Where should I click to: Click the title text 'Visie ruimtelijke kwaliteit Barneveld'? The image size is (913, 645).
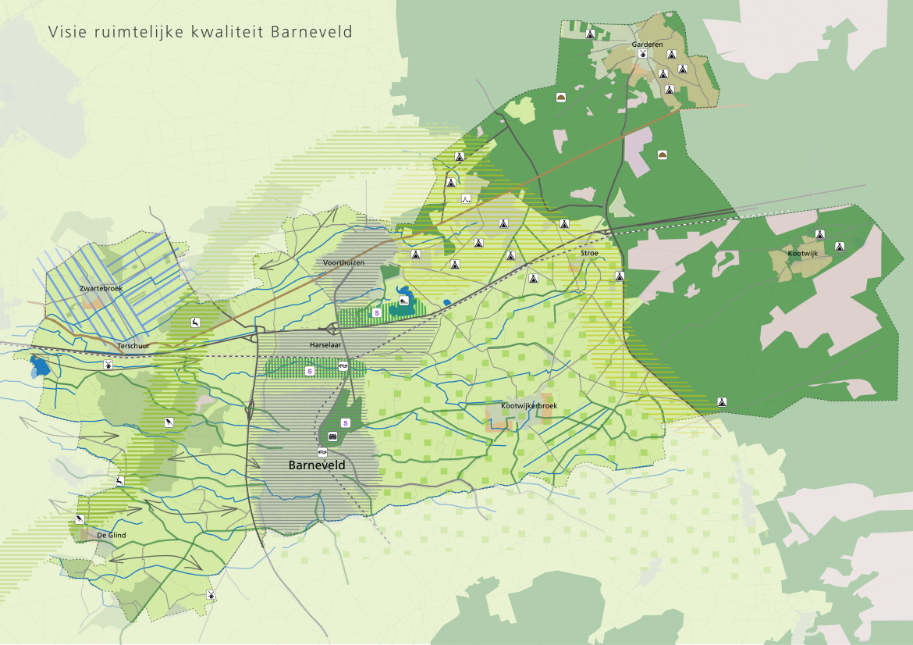(x=200, y=32)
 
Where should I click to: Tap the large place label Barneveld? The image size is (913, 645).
(x=317, y=465)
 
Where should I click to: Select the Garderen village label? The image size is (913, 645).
(x=647, y=45)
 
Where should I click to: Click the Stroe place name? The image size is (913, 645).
(x=589, y=254)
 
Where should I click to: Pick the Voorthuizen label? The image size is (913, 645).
(x=343, y=264)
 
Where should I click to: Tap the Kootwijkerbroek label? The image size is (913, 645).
(x=529, y=406)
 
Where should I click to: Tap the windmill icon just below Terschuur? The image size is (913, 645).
(x=108, y=364)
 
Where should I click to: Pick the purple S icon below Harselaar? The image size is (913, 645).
(x=310, y=371)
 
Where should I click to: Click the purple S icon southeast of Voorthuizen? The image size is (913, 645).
(x=377, y=312)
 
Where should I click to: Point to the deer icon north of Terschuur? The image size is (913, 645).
(x=194, y=322)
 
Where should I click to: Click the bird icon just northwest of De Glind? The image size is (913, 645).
(x=80, y=519)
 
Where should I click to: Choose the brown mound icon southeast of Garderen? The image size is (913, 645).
(x=663, y=155)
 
